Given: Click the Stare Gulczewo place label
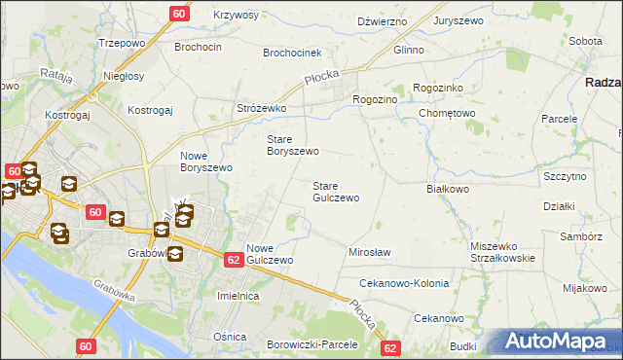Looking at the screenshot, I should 335,192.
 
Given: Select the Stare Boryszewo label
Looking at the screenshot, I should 293,145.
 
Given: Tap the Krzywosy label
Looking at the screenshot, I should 236,15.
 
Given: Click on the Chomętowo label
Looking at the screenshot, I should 447,113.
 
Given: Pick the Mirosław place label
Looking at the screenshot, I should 369,252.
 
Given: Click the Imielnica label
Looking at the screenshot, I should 238,295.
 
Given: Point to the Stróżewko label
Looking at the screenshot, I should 261,108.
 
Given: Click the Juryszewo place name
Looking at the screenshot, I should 460,19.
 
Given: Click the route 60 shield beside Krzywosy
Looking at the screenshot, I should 180,14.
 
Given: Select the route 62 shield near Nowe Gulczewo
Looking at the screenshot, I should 233,260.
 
